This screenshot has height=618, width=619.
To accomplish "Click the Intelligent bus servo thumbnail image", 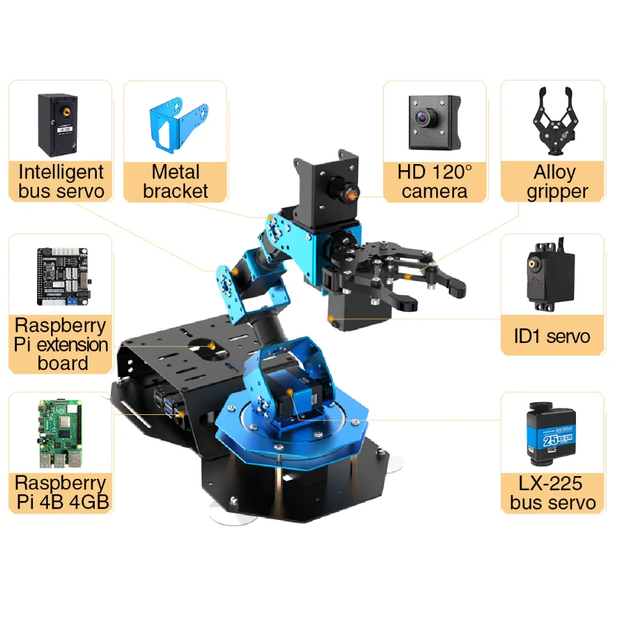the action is point(58,125).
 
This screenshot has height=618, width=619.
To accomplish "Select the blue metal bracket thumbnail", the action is point(178,124).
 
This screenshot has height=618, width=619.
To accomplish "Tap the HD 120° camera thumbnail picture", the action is point(434,122).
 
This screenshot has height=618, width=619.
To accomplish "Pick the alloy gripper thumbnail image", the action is point(556,121).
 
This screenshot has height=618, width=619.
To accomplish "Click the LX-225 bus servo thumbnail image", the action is point(550,434).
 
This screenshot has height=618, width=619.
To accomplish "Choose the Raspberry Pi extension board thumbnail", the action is point(64,277).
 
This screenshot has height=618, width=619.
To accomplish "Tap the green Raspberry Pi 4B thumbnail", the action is point(60,434).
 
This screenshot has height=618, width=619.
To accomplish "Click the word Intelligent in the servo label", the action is point(60,172).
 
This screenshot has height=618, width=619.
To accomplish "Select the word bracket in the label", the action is point(175,191).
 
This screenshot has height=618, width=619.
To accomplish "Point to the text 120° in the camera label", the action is point(452,172).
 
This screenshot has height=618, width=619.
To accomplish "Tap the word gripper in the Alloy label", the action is point(557,192).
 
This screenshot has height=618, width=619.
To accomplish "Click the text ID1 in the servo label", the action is point(527,336).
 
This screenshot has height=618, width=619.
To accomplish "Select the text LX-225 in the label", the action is point(550,484).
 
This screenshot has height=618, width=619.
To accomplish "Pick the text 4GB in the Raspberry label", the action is point(89,502).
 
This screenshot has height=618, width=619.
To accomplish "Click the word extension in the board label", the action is point(72,345).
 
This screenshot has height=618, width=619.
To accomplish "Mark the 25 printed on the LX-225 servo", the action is point(550,440).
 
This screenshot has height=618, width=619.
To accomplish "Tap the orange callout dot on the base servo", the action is point(290,392).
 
